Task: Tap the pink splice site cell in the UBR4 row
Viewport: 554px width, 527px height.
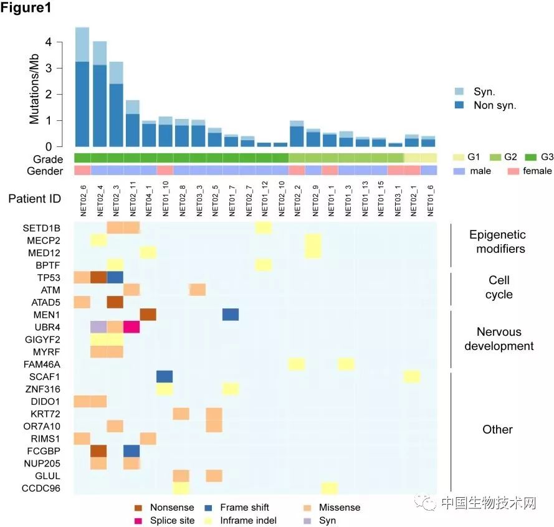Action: tap(131, 326)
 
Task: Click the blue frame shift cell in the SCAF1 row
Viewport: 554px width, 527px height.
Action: tap(164, 376)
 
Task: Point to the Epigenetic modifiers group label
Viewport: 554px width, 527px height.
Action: tap(497, 242)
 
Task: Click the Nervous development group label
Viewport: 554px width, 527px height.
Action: tap(499, 339)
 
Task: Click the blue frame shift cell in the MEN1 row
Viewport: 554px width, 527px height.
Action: tap(230, 314)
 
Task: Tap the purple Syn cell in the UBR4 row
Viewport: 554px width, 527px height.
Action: tap(98, 326)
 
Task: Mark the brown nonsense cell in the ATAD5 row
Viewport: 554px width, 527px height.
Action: tap(115, 301)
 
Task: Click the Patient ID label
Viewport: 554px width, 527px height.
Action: tap(36, 199)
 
